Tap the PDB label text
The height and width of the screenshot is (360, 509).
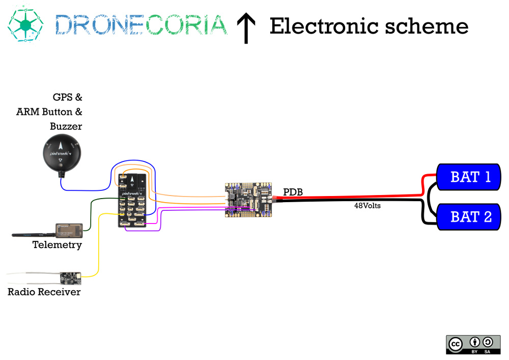[293, 192]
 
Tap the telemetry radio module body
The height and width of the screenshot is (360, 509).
[69, 230]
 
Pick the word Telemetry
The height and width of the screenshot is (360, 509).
[57, 245]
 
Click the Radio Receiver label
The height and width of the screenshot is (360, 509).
[44, 292]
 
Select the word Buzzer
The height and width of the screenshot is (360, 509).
[66, 126]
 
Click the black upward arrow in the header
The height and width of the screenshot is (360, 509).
[246, 28]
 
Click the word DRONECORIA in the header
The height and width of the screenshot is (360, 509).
[140, 25]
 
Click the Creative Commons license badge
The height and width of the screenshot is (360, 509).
[473, 344]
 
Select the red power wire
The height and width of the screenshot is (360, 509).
[351, 196]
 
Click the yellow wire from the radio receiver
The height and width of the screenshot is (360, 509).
[98, 244]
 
